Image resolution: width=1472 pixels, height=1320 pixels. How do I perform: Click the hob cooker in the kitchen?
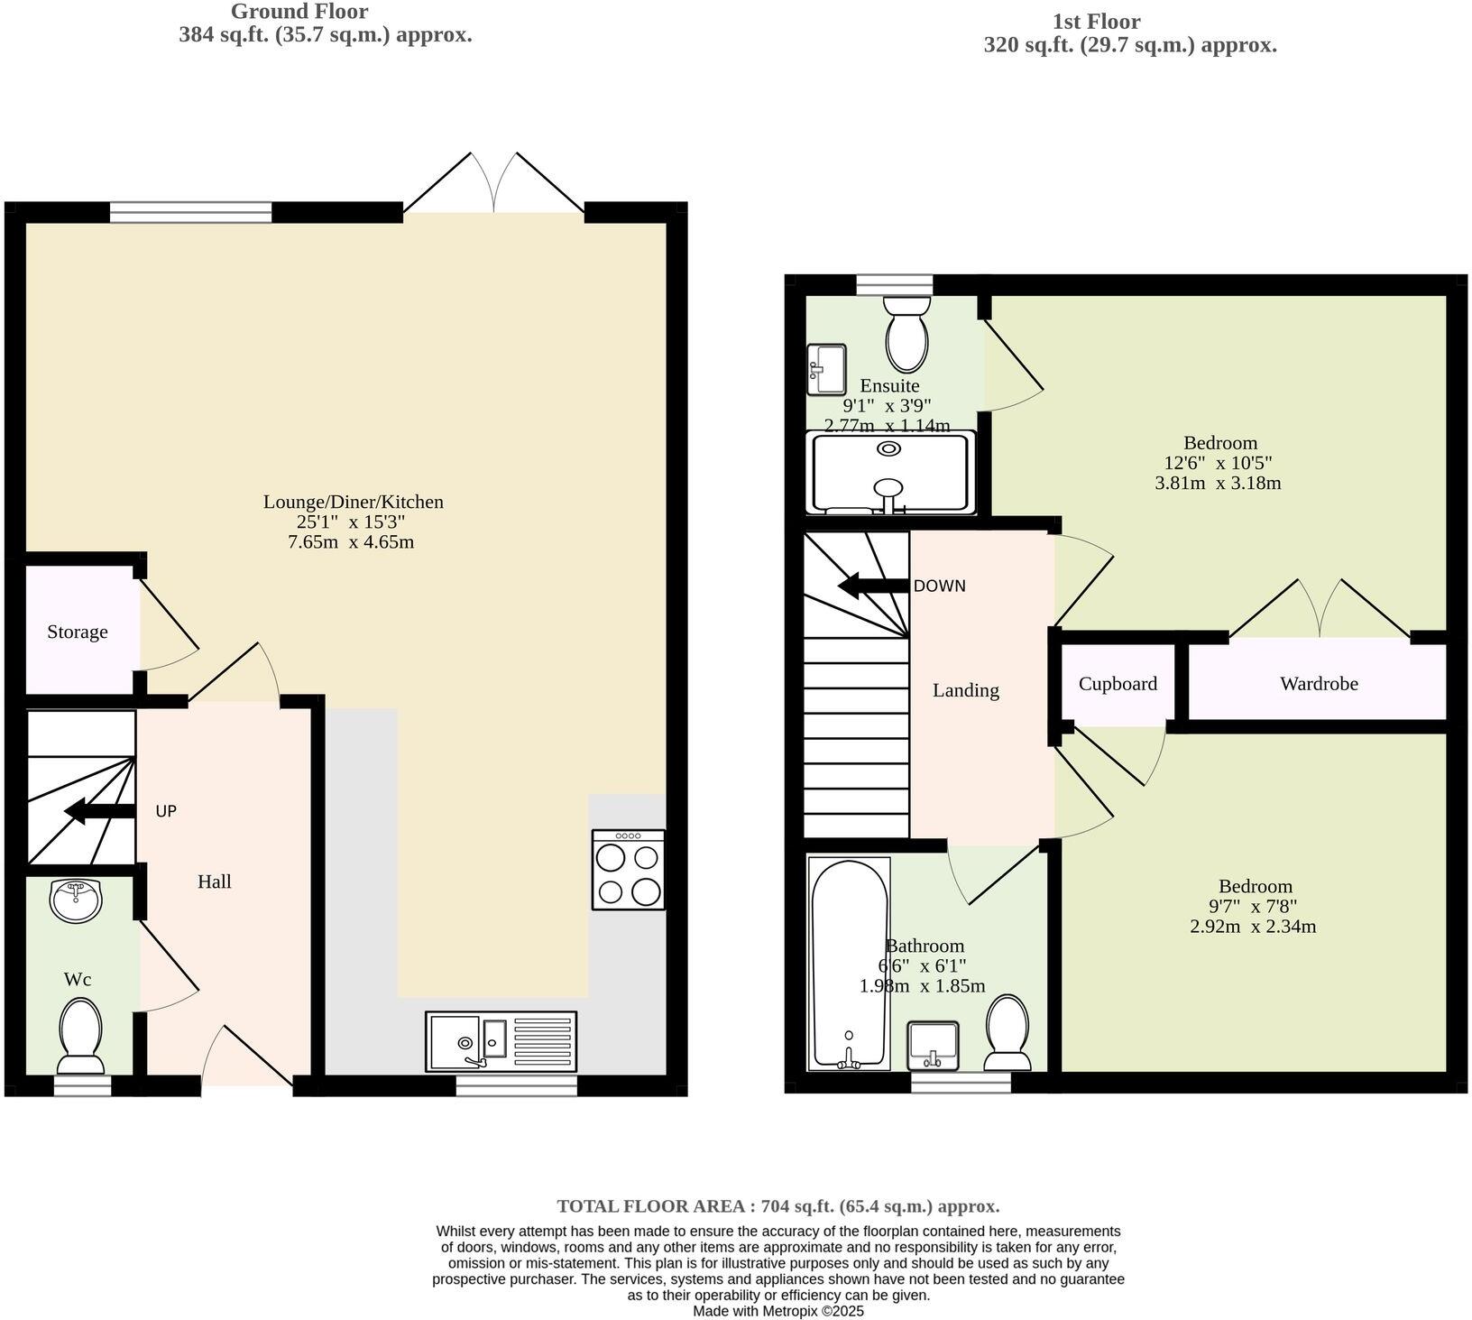tap(629, 870)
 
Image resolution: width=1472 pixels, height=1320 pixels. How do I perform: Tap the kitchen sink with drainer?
tap(501, 1041)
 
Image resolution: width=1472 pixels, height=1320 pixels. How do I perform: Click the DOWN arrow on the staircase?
tap(873, 586)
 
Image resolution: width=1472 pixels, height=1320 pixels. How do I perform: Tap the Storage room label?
tap(78, 632)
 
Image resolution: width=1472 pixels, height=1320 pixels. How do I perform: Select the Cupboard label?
tap(1118, 684)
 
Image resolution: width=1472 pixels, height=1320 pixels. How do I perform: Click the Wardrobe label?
tap(1319, 684)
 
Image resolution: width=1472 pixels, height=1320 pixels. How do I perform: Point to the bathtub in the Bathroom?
tap(849, 964)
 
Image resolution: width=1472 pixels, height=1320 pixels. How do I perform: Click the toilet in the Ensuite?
tap(906, 331)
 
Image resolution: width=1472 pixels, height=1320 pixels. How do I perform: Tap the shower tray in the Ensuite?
tap(891, 473)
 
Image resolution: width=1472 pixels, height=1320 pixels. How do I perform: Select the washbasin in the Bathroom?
tap(933, 1045)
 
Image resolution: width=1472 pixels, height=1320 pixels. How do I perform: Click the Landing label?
tap(965, 690)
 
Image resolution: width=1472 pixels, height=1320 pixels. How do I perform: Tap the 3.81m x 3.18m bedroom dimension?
tap(1218, 483)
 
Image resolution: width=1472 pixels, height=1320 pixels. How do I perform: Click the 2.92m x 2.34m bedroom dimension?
tap(1253, 927)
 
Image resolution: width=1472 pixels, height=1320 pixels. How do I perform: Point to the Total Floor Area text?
tap(777, 1206)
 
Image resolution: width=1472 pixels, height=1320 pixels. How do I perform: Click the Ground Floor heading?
tap(299, 12)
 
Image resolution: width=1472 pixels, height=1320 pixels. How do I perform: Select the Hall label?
tap(215, 882)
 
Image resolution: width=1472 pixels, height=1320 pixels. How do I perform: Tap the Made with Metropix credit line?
tap(777, 1311)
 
